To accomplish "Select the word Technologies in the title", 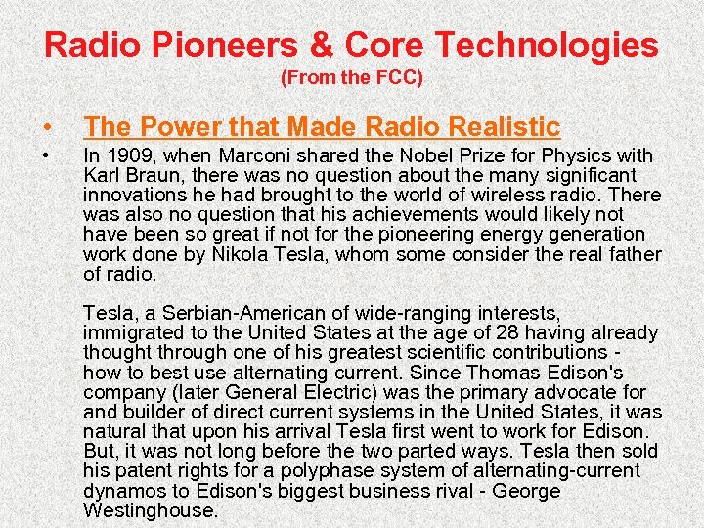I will (547, 45).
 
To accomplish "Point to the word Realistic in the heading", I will (504, 126).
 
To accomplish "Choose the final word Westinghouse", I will (150, 510).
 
